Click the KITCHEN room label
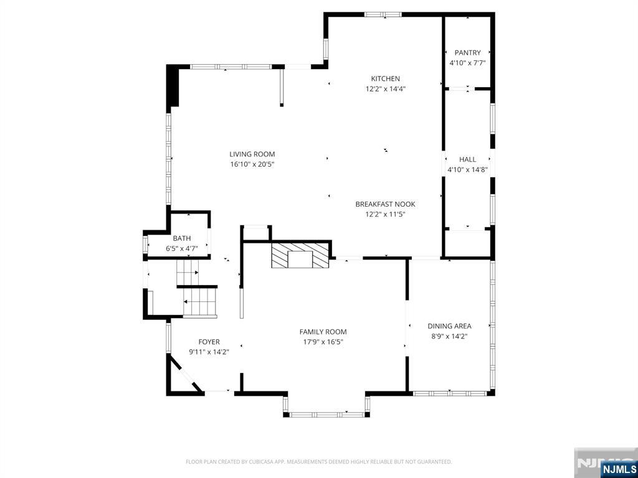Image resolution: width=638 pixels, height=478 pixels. click(385, 79)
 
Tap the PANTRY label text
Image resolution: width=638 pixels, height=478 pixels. click(467, 53)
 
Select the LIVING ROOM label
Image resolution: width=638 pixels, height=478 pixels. click(252, 154)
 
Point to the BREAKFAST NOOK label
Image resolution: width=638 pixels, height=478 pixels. click(385, 204)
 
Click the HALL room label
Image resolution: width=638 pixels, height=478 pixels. click(467, 159)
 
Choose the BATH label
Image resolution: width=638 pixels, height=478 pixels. click(182, 238)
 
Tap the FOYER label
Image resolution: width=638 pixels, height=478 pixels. click(209, 342)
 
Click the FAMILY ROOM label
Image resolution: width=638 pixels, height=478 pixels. click(323, 332)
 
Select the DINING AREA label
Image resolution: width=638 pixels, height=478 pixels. click(449, 326)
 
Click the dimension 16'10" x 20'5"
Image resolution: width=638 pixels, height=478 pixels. click(252, 165)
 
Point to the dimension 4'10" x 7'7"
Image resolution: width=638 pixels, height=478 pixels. click(467, 63)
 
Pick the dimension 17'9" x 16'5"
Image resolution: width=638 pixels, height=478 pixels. click(323, 342)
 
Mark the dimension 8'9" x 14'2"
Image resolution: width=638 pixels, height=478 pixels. click(449, 336)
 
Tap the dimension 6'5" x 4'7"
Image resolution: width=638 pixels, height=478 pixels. click(182, 248)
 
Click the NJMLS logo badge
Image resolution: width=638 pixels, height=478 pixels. click(619, 469)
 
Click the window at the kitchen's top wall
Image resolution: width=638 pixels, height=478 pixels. click(383, 14)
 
